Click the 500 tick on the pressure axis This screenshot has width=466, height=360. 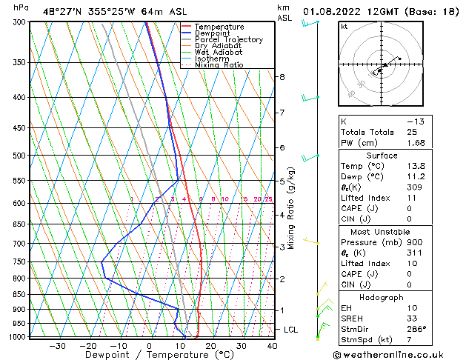tap(20, 156)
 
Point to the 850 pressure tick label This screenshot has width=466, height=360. tap(20, 294)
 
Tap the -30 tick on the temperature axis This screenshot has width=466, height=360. tap(57, 346)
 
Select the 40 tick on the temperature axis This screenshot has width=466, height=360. tap(272, 346)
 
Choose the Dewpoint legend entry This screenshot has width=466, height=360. tap(212, 33)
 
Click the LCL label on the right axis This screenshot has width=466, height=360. tap(291, 330)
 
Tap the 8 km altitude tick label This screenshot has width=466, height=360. tap(282, 77)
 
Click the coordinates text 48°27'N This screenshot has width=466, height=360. tap(63, 12)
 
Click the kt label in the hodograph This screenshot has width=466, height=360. tap(344, 27)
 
